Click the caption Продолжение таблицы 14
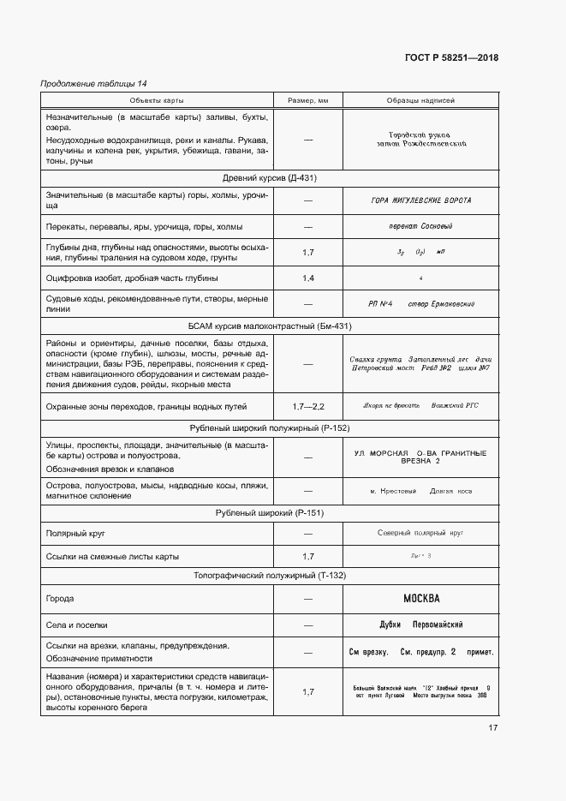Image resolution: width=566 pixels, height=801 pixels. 94,83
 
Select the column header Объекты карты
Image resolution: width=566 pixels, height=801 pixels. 152,101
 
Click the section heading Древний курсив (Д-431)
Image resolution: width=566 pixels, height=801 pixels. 270,178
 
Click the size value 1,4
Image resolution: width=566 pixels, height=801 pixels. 308,278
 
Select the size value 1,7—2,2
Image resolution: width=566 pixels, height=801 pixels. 308,405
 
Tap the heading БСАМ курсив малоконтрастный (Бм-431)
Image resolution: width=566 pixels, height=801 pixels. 270,326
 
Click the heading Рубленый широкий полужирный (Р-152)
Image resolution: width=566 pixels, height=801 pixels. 270,427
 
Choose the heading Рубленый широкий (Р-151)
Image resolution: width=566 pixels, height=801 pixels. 270,513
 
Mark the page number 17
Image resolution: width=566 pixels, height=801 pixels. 492,728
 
